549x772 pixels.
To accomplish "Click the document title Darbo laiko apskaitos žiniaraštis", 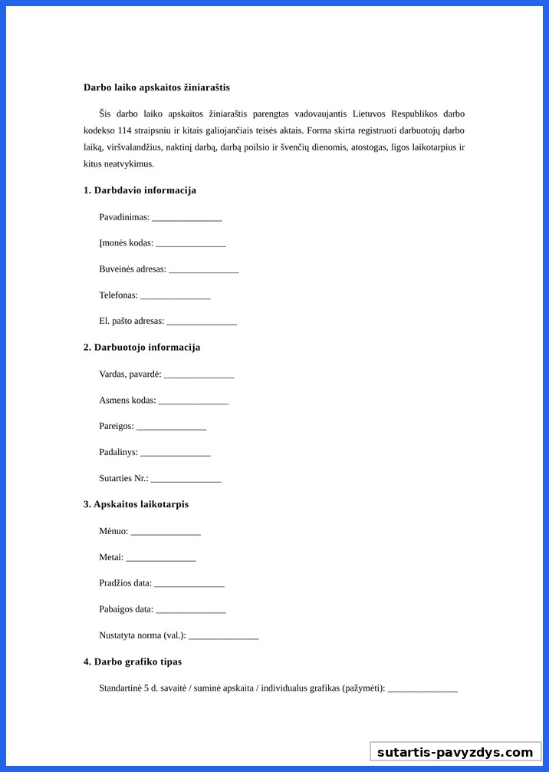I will tap(156, 87).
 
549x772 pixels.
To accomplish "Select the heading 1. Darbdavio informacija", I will tap(140, 190).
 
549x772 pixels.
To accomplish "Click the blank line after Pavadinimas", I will tap(186, 218).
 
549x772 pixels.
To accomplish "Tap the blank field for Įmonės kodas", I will tap(190, 244).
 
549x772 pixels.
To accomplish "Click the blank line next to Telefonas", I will tap(175, 296).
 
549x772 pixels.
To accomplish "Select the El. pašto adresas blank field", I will tap(201, 322).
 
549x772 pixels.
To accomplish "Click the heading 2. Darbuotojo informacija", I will tap(142, 348).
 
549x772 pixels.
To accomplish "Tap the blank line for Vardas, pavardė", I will tap(199, 375).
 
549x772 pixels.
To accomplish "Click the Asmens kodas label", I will tap(127, 401).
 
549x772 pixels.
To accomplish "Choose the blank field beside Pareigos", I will tap(171, 427).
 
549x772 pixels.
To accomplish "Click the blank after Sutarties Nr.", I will tap(186, 480).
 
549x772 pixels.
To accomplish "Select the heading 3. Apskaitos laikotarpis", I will tap(136, 505).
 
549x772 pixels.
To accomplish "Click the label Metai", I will tap(111, 558).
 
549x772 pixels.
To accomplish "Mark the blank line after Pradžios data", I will tap(189, 584).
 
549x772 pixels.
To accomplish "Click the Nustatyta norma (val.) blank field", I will tap(223, 636).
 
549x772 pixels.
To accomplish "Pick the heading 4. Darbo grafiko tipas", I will tap(133, 661).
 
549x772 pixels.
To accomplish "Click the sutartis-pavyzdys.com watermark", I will tap(455, 752).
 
